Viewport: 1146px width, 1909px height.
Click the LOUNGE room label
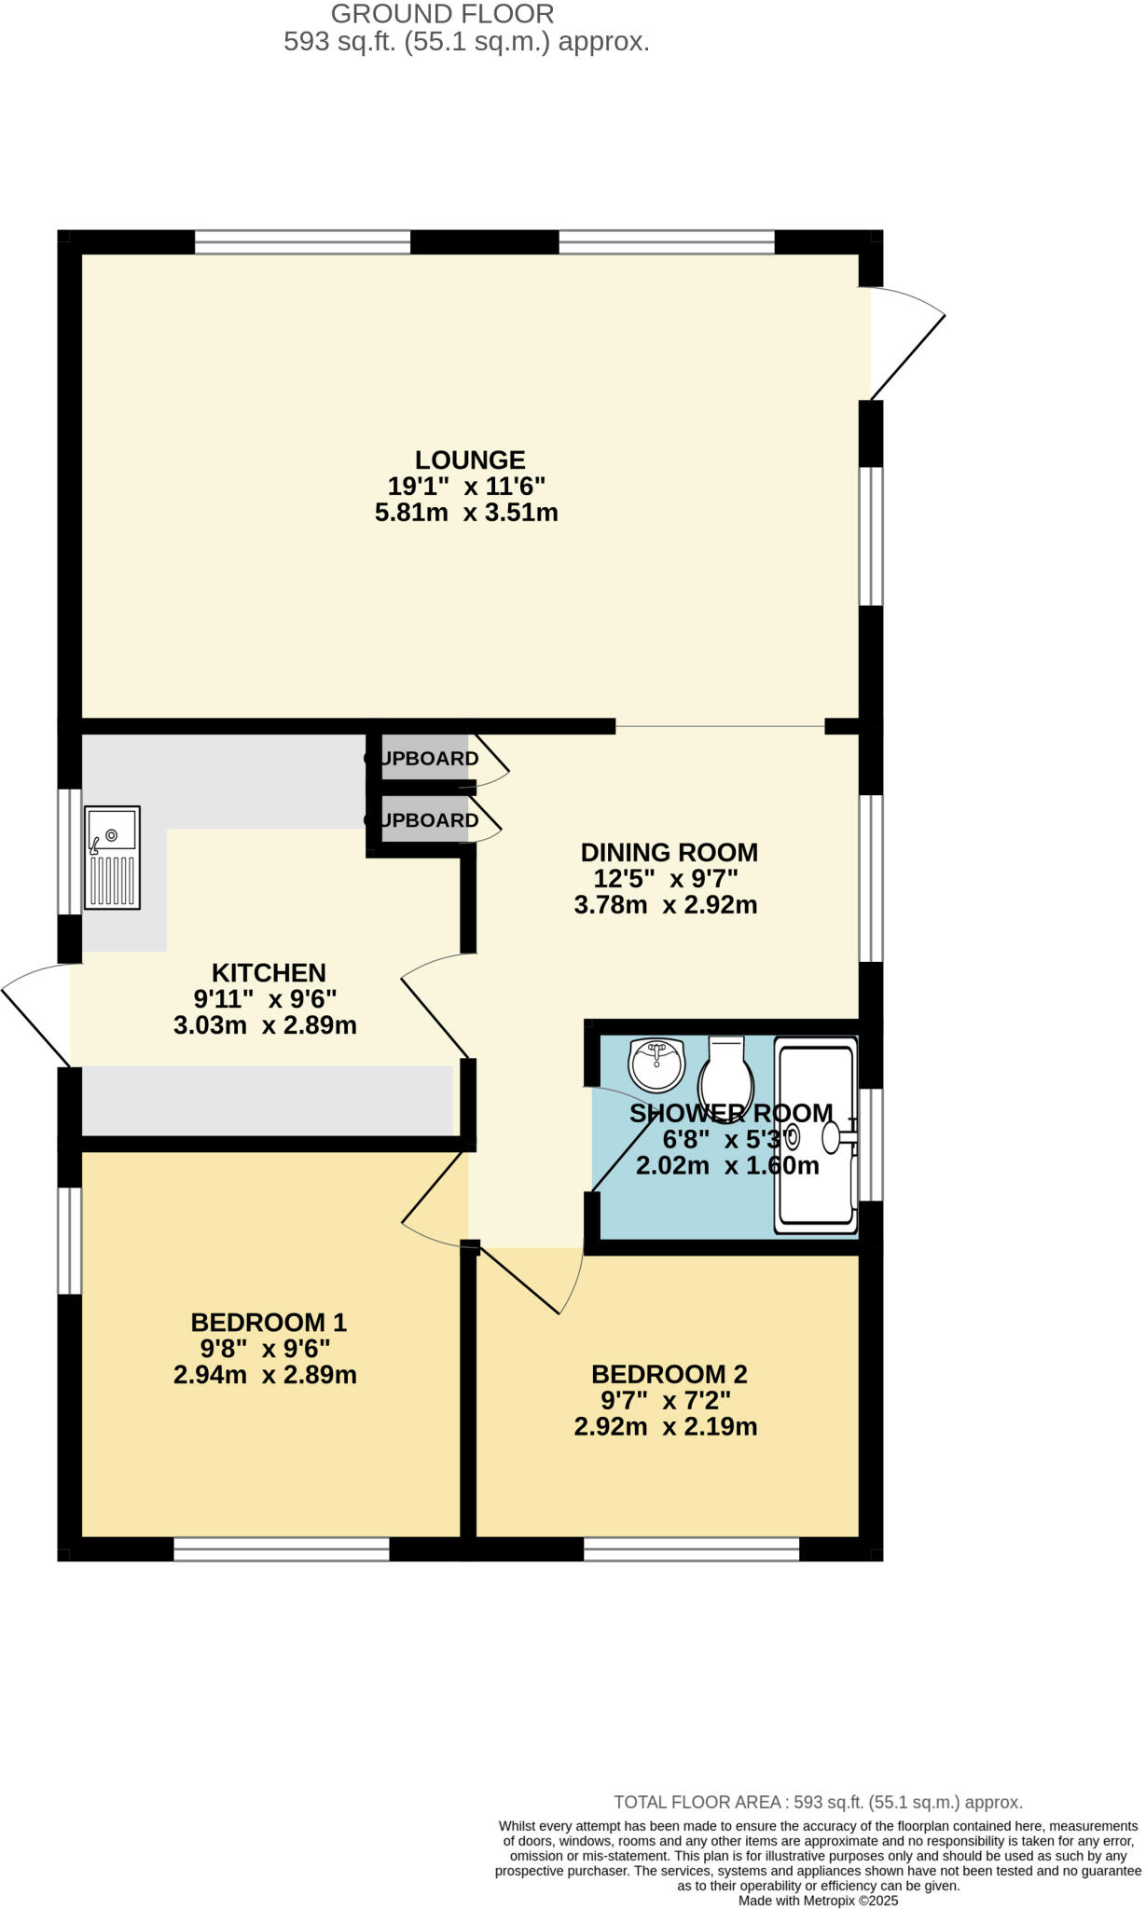470,460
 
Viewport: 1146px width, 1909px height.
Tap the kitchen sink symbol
112,858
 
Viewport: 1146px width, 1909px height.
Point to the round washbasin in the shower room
656,1064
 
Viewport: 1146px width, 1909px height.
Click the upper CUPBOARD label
422,759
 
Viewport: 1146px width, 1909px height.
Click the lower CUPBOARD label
422,820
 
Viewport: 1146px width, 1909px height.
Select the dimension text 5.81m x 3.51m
466,513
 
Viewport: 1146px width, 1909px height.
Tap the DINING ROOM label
669,852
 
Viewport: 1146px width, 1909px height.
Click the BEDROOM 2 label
669,1374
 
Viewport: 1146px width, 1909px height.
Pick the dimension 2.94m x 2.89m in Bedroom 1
265,1375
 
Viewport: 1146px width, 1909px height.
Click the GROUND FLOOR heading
442,14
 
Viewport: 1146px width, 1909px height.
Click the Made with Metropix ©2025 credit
818,1900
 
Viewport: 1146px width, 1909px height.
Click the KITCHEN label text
269,972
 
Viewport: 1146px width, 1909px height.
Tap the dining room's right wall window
870,877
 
